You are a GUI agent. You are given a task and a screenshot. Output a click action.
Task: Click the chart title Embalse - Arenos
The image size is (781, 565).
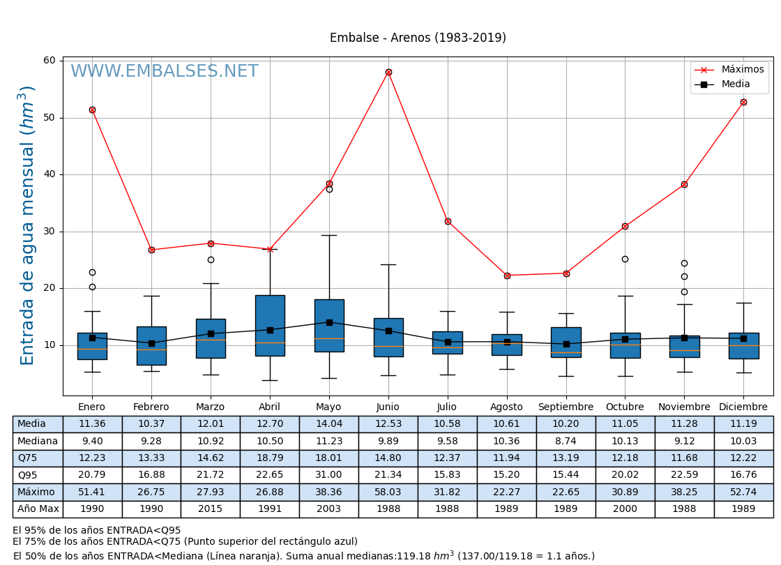pos(418,38)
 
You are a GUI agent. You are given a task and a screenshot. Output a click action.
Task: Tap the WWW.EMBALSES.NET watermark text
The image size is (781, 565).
pos(165,72)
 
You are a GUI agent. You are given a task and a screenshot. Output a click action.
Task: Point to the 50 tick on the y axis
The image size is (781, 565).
pos(50,118)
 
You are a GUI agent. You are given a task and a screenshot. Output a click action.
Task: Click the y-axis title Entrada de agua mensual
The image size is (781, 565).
pos(27,225)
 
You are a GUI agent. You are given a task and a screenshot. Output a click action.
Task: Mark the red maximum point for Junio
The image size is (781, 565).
pos(388,73)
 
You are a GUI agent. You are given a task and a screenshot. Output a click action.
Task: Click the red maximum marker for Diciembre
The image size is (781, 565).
pos(743,103)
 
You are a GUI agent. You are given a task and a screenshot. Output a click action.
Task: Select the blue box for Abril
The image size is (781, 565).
pos(270,325)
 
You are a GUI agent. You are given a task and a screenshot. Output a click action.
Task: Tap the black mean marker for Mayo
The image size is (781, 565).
pos(329,322)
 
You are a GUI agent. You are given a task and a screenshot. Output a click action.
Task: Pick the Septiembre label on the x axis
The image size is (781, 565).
pos(566,407)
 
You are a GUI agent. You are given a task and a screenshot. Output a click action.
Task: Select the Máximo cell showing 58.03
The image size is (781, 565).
pos(388,492)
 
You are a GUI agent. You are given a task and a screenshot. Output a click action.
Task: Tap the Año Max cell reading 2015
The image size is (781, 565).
pos(210,509)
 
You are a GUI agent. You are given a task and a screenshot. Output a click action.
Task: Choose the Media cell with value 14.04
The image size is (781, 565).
pos(328,424)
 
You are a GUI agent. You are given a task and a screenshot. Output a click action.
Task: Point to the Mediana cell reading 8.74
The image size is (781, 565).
pos(566,442)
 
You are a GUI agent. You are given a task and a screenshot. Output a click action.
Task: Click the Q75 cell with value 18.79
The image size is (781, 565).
pos(269,458)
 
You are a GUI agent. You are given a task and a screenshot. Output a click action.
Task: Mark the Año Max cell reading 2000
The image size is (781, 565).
pos(625,509)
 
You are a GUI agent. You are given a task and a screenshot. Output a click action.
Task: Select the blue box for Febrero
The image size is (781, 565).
pos(151,346)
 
